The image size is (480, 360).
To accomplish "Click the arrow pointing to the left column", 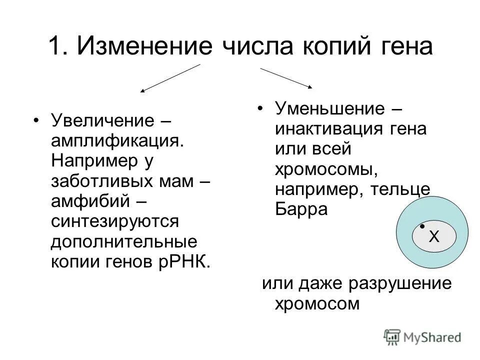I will pos(170,78).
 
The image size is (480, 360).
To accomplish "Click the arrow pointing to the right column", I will pos(286,78).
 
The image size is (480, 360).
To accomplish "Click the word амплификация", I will pos(115,142).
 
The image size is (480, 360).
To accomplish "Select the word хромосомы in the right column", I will pos(324,170).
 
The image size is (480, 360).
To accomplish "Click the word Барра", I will pos(301,209).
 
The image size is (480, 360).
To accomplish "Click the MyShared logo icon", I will pos(391,336).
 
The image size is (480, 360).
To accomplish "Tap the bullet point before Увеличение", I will pos(35,121).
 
